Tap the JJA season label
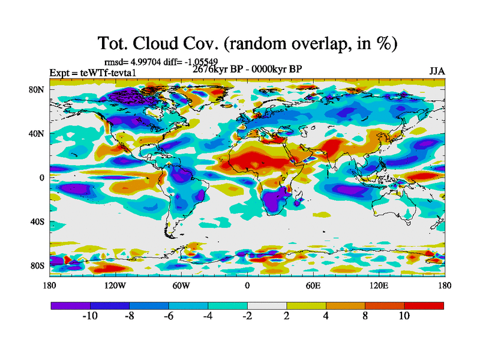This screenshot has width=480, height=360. point(437,71)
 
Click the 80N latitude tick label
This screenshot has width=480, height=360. point(37,89)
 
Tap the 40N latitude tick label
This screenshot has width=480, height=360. point(37,133)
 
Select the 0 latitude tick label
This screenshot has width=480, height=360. point(41,178)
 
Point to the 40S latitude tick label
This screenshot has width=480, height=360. point(37,221)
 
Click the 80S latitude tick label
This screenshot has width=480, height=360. point(37,265)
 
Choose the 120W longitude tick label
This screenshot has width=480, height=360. point(115,285)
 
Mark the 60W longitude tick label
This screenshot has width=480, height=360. point(181,285)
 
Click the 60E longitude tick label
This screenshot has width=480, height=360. point(313,285)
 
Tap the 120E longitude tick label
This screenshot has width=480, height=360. point(379,285)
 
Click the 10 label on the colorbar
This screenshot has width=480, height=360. point(404,316)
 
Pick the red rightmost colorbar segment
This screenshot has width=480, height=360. point(424,305)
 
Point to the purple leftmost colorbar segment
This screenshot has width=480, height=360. point(70,305)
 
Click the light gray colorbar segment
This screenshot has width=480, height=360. point(267,305)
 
